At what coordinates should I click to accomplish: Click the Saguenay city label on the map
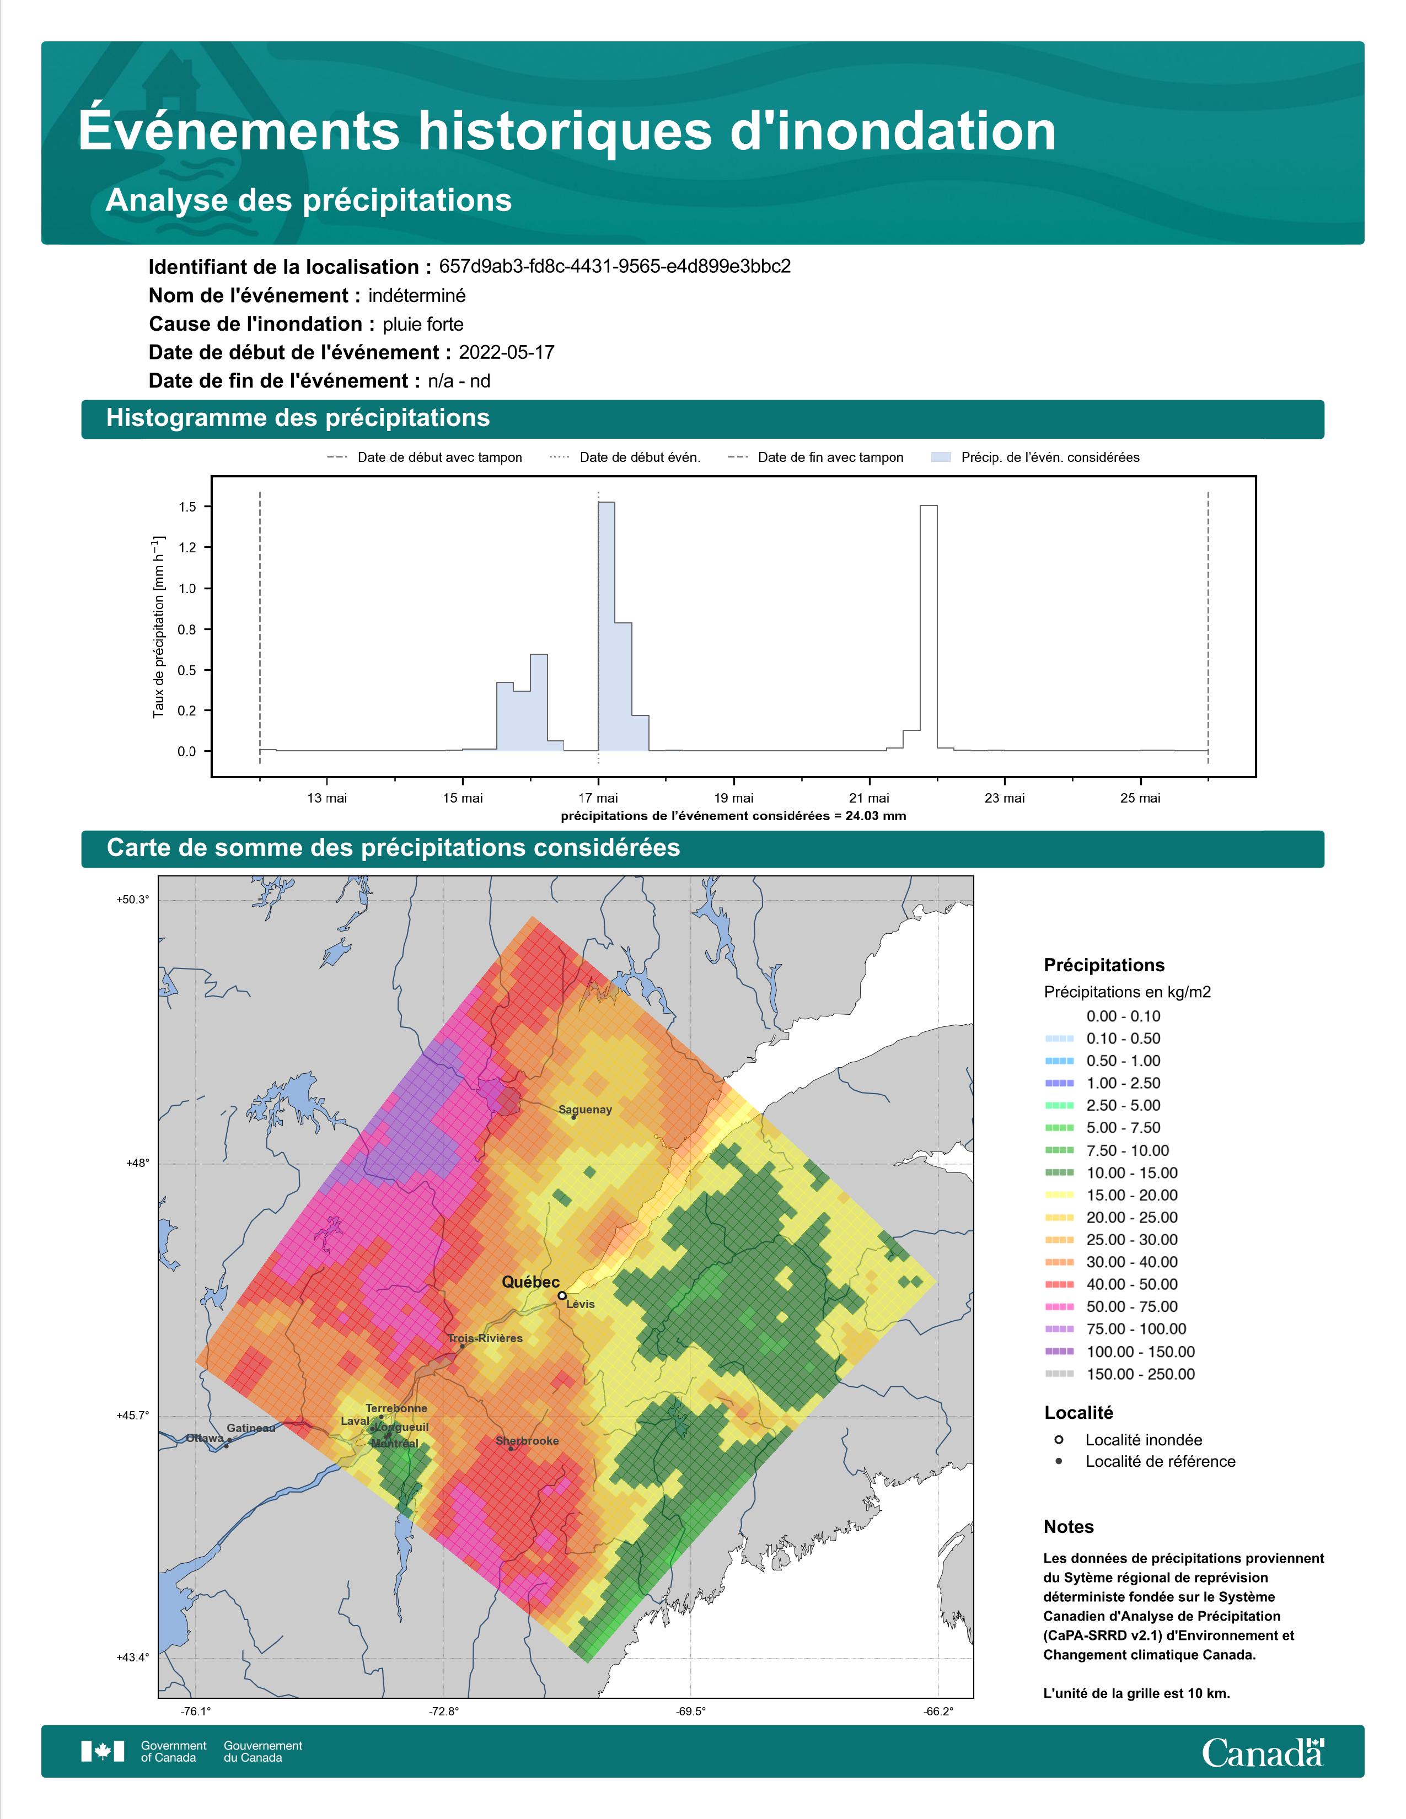pyautogui.click(x=584, y=1110)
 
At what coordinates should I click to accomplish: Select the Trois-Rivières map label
pyautogui.click(x=486, y=1338)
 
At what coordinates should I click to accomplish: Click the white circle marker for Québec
pyautogui.click(x=562, y=1296)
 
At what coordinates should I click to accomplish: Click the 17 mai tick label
pyautogui.click(x=598, y=798)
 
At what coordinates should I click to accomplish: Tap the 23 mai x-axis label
pyautogui.click(x=1005, y=798)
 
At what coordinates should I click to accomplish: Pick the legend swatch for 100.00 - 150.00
pyautogui.click(x=1059, y=1352)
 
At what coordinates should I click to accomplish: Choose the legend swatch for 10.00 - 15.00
pyautogui.click(x=1059, y=1172)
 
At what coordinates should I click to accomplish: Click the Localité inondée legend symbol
pyautogui.click(x=1059, y=1439)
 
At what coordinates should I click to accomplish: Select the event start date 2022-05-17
pyautogui.click(x=506, y=352)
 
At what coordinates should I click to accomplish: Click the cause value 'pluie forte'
pyautogui.click(x=423, y=324)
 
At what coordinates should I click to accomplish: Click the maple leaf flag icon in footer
pyautogui.click(x=103, y=1752)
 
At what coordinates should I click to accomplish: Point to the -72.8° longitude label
pyautogui.click(x=443, y=1712)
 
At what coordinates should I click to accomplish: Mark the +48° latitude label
pyautogui.click(x=138, y=1163)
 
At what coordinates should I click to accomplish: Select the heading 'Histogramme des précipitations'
pyautogui.click(x=298, y=418)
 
